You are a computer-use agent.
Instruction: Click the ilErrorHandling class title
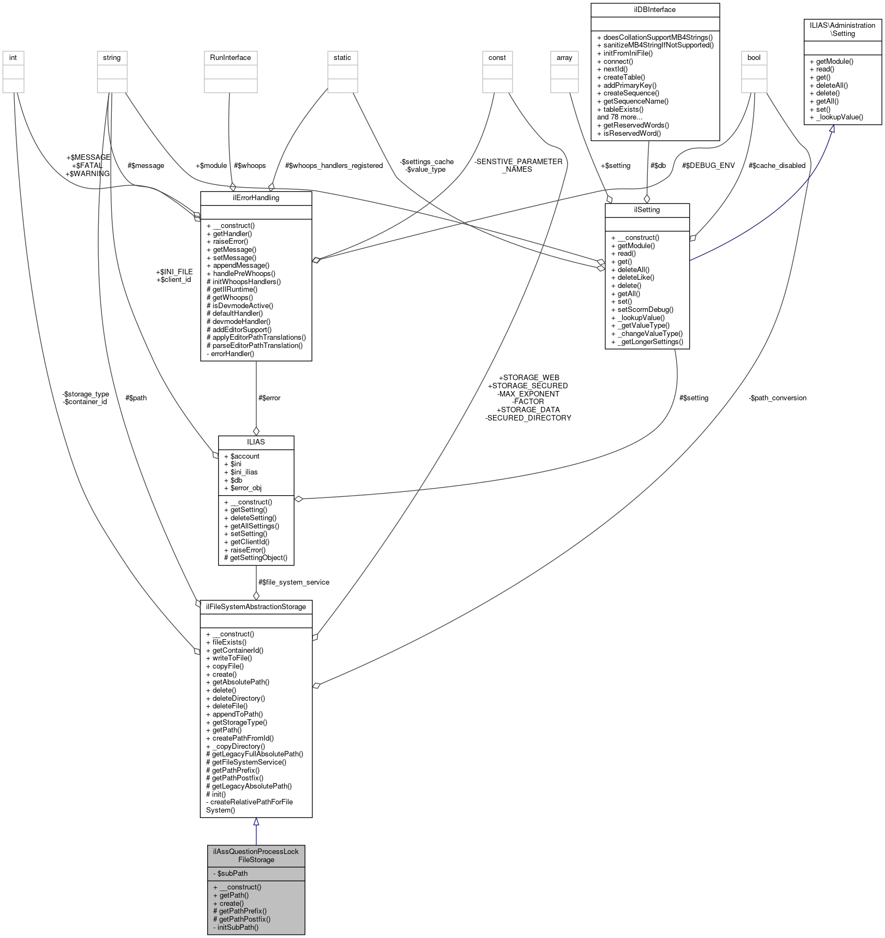point(256,198)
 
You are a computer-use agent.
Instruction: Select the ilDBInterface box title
point(655,10)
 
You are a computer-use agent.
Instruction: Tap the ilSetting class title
point(647,210)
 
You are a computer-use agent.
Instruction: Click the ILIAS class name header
point(256,442)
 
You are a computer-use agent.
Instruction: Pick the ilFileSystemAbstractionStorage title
point(256,607)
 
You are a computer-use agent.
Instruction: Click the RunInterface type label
point(230,58)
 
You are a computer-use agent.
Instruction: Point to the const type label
point(497,58)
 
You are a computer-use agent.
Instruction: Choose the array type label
point(564,58)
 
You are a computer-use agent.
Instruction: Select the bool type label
point(754,58)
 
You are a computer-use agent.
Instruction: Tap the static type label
point(342,58)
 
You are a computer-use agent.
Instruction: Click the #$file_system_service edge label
point(293,582)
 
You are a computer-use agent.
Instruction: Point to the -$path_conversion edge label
point(777,398)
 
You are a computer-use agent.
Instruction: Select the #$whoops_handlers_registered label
point(334,166)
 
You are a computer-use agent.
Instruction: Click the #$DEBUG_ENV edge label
point(708,166)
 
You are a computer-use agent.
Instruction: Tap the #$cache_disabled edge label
point(776,166)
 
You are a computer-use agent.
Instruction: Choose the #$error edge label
point(269,398)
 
